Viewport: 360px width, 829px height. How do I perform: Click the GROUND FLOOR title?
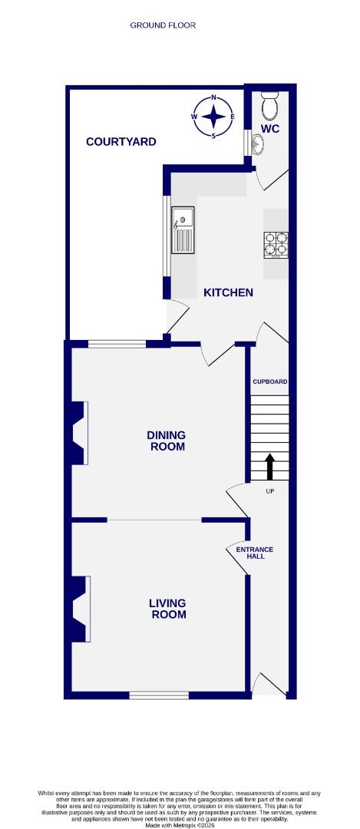click(x=163, y=25)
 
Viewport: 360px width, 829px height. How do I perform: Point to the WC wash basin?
click(x=256, y=143)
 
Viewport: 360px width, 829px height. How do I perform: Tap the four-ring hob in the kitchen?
click(x=276, y=243)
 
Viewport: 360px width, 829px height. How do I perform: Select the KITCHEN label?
click(x=228, y=292)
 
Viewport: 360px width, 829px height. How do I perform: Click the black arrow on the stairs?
click(x=269, y=466)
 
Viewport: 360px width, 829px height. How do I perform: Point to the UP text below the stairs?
click(x=269, y=491)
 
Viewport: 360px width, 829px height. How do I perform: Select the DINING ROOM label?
click(x=166, y=441)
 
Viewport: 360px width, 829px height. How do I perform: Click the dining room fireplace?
click(x=80, y=434)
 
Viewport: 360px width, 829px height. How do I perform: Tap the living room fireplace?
click(x=80, y=609)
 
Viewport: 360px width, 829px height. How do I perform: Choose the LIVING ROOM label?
click(x=167, y=609)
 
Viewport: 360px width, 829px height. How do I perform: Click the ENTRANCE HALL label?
click(x=254, y=553)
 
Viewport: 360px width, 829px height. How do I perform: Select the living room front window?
click(x=159, y=695)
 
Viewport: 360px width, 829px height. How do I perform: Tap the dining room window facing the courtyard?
click(x=117, y=344)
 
